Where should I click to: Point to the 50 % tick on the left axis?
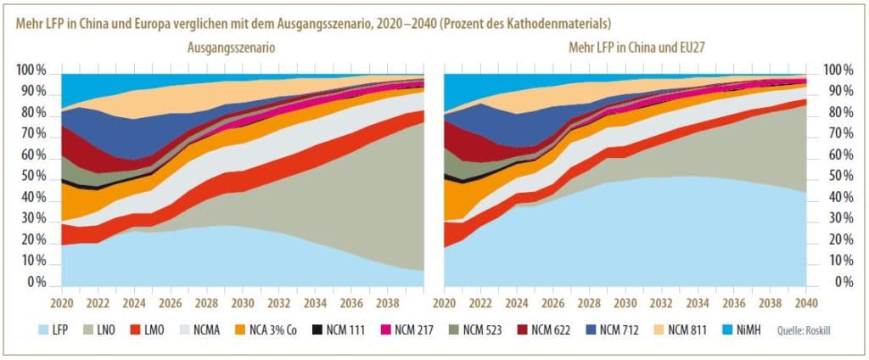pyautogui.click(x=31, y=177)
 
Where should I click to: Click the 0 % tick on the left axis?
pyautogui.click(x=34, y=283)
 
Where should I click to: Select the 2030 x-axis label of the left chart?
pyautogui.click(x=243, y=301)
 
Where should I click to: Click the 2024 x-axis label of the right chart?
pyautogui.click(x=516, y=301)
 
